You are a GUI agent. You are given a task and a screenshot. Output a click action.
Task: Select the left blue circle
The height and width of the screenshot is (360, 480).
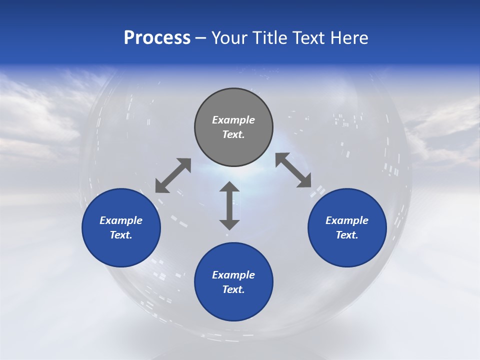(x=121, y=227)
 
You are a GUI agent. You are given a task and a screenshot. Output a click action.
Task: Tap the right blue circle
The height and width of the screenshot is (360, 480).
(x=347, y=227)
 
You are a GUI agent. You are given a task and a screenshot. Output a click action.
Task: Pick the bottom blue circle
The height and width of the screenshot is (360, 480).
(x=233, y=282)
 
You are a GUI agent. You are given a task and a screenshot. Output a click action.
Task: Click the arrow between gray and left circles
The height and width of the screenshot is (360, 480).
(x=173, y=175)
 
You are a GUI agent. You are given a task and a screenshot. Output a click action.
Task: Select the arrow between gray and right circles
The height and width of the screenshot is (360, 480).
(x=293, y=170)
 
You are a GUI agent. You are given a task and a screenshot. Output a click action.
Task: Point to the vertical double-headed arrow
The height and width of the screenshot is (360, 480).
(x=229, y=205)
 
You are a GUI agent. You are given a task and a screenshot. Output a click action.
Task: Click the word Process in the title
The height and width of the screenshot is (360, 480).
(x=157, y=38)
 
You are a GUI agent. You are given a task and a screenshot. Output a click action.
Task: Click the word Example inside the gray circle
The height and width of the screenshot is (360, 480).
(x=233, y=120)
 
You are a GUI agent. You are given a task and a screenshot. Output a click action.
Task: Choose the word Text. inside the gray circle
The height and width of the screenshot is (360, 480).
(x=233, y=134)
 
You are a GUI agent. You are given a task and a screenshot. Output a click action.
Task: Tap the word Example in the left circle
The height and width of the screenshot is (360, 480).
(x=121, y=220)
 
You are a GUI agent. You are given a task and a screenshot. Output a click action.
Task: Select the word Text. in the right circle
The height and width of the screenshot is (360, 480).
(x=347, y=235)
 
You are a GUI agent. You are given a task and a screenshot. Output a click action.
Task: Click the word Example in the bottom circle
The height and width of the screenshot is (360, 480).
(x=233, y=275)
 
